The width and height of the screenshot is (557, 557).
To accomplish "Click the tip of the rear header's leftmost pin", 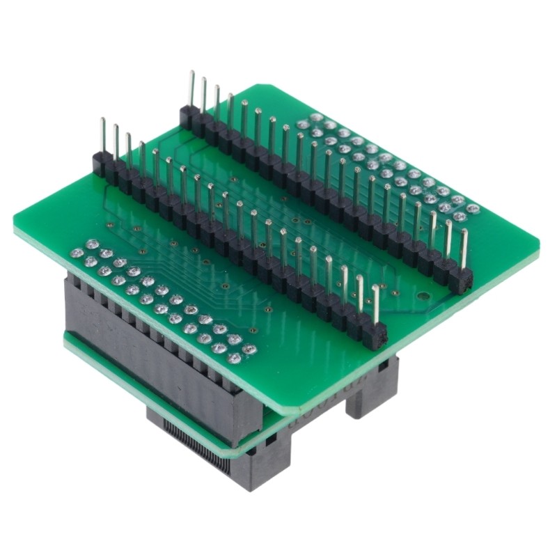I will click(190, 74).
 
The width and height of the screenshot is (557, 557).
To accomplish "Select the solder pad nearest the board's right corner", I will click(474, 208).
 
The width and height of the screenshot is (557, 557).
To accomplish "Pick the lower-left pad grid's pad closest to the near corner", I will click(233, 359).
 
